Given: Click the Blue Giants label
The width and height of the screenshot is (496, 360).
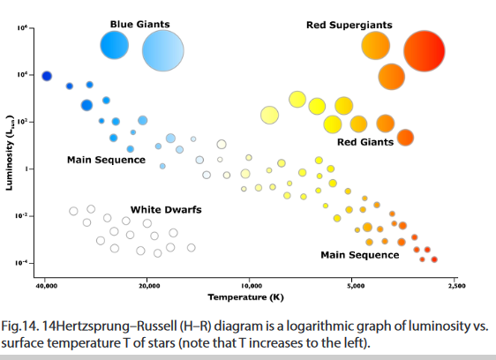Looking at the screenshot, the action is tap(139, 25).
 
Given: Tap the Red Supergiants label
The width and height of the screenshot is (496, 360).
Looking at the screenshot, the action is tap(349, 25).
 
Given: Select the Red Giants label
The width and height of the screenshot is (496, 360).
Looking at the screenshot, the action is tap(365, 142).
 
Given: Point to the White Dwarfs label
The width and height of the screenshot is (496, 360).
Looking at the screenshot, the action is tap(166, 210).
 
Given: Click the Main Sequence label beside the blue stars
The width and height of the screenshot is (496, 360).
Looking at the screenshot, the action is tap(106, 160).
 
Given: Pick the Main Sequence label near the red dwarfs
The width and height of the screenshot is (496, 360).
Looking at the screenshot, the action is tap(360, 255).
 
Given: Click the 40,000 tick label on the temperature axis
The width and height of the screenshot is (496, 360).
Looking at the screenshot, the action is tap(46, 286).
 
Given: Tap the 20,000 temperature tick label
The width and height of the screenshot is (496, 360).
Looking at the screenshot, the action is tap(148, 286).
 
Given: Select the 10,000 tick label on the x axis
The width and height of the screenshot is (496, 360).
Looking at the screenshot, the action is tap(252, 286).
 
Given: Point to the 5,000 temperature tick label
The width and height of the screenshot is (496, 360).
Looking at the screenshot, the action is tap(356, 286).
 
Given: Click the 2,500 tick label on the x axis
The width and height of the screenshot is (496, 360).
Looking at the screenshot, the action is tap(456, 286).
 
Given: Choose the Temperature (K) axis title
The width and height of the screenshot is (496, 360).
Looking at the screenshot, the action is tap(245, 297).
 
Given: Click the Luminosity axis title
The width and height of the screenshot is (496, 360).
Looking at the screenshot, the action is tap(9, 153).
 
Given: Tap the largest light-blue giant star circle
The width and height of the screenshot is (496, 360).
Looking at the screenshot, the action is tap(163, 50).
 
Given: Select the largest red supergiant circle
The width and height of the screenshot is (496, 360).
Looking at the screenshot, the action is tap(425, 51).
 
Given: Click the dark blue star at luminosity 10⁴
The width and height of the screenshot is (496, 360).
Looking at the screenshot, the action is tap(47, 76).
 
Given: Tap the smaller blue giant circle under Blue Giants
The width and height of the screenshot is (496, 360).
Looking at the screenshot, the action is tap(115, 45).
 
